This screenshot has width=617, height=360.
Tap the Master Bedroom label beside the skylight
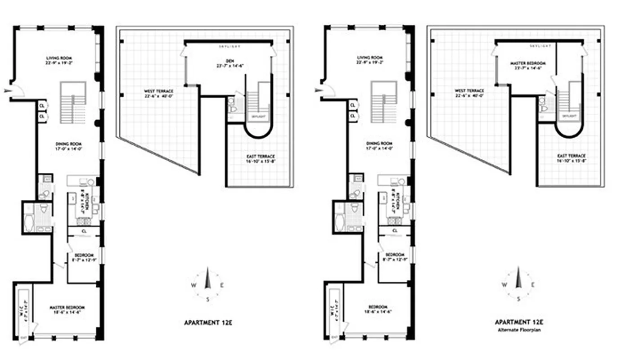pyautogui.click(x=528, y=63)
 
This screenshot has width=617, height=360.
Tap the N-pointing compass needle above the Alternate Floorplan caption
pyautogui.click(x=518, y=278)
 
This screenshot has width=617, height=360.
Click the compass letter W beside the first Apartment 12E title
pyautogui.click(x=193, y=285)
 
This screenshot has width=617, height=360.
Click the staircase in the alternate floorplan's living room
pyautogui.click(x=383, y=102)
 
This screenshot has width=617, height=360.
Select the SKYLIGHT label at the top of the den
pyautogui.click(x=229, y=46)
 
